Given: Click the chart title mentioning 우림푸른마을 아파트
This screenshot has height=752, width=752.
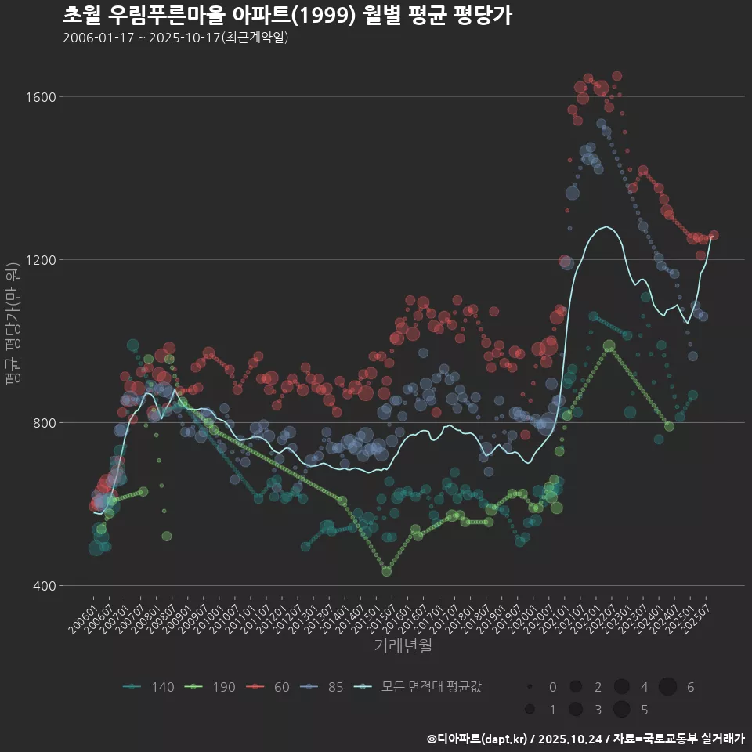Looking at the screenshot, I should [287, 16].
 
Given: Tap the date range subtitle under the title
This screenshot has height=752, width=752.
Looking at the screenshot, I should [175, 38].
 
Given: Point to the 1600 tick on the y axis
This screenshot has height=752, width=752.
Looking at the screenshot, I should [39, 97].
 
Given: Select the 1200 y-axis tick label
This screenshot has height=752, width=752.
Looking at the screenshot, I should [39, 260].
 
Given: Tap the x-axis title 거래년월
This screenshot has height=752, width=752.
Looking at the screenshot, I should [403, 645].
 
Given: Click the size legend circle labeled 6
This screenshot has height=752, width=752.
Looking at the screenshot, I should [667, 687].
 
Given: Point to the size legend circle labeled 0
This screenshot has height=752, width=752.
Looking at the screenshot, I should [530, 687].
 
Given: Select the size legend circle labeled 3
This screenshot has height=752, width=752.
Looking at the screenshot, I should [576, 710].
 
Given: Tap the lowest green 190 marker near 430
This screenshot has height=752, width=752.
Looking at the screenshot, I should [386, 572].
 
